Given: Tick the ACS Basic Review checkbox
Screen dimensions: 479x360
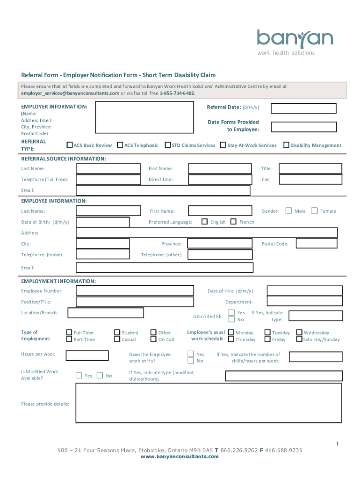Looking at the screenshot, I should pos(70,145).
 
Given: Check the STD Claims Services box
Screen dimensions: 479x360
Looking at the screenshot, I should pos(168,145).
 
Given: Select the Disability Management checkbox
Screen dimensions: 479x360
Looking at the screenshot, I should pos(287,145).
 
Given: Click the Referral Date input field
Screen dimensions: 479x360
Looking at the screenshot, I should pos(303,108).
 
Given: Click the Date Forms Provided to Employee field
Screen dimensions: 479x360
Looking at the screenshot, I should pos(303,127).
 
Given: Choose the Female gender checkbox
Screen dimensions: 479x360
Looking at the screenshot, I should pos(315,210).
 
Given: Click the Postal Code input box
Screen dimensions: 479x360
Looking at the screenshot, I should pos(317,243).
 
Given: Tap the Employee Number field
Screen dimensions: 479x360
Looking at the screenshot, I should pos(134,290).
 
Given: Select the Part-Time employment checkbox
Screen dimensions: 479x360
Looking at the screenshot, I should pos(70,339).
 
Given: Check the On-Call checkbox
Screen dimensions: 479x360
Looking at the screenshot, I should pos(153,339).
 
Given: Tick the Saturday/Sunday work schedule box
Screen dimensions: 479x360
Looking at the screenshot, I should pos(299,339).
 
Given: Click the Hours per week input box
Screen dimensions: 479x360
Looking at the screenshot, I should pos(87,356).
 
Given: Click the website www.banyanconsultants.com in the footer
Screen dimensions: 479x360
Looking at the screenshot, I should pos(180,457).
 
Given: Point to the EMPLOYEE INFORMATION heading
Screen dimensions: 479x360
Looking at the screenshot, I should pos(54,201).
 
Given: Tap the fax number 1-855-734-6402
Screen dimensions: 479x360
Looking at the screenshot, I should pos(177,93).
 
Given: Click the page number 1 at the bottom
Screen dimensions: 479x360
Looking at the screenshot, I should pos(336,443).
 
